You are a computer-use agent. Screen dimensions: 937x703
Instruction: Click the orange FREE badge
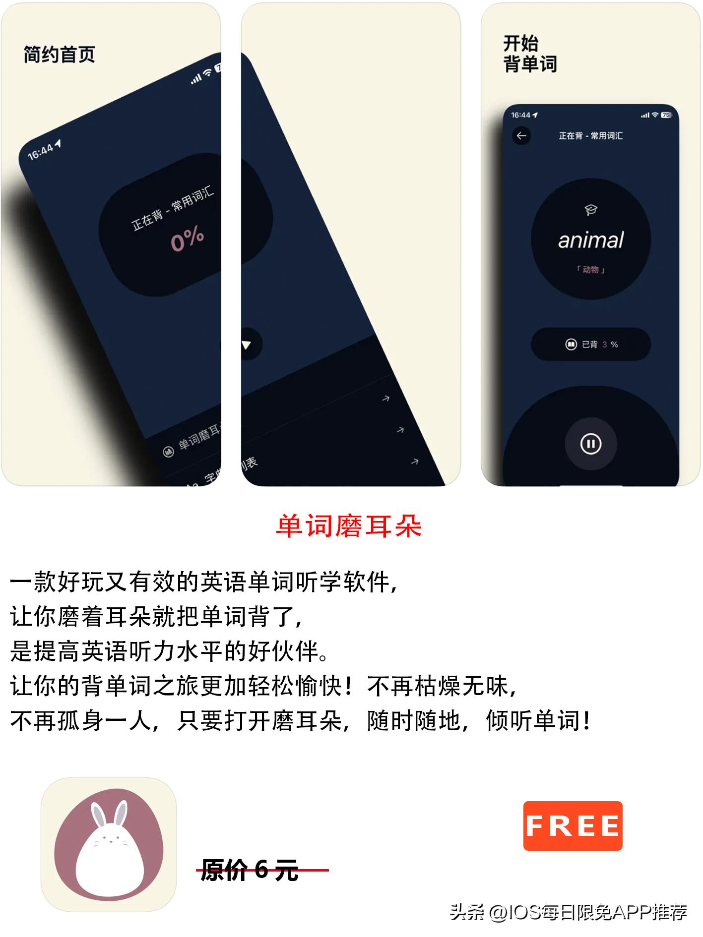coord(573,826)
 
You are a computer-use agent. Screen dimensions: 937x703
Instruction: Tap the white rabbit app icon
coord(109,844)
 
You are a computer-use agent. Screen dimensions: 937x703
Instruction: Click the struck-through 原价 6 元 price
coord(250,870)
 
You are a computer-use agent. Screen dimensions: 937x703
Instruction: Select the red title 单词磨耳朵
coord(349,527)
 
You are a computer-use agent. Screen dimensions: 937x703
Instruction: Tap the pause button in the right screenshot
coord(590,444)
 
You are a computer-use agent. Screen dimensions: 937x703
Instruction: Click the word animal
coord(590,240)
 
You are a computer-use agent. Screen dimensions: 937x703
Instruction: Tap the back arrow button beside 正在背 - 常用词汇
coord(521,136)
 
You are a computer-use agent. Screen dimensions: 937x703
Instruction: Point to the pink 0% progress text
coord(188,239)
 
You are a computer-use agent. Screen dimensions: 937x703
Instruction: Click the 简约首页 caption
coord(60,55)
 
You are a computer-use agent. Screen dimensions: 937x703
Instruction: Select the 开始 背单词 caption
coord(530,54)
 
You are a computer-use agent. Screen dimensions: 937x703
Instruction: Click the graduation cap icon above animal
coord(590,210)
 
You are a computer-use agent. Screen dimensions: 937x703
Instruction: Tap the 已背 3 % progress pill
coord(590,344)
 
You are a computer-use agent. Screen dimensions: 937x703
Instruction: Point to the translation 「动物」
coord(590,270)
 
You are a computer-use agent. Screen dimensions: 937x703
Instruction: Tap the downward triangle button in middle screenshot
coord(247,344)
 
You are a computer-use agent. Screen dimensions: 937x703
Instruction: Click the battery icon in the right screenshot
coord(666,115)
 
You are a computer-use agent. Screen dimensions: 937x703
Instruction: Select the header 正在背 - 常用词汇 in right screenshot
coord(590,136)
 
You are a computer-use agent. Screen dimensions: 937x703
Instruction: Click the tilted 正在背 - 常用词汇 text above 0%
coord(173,209)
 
